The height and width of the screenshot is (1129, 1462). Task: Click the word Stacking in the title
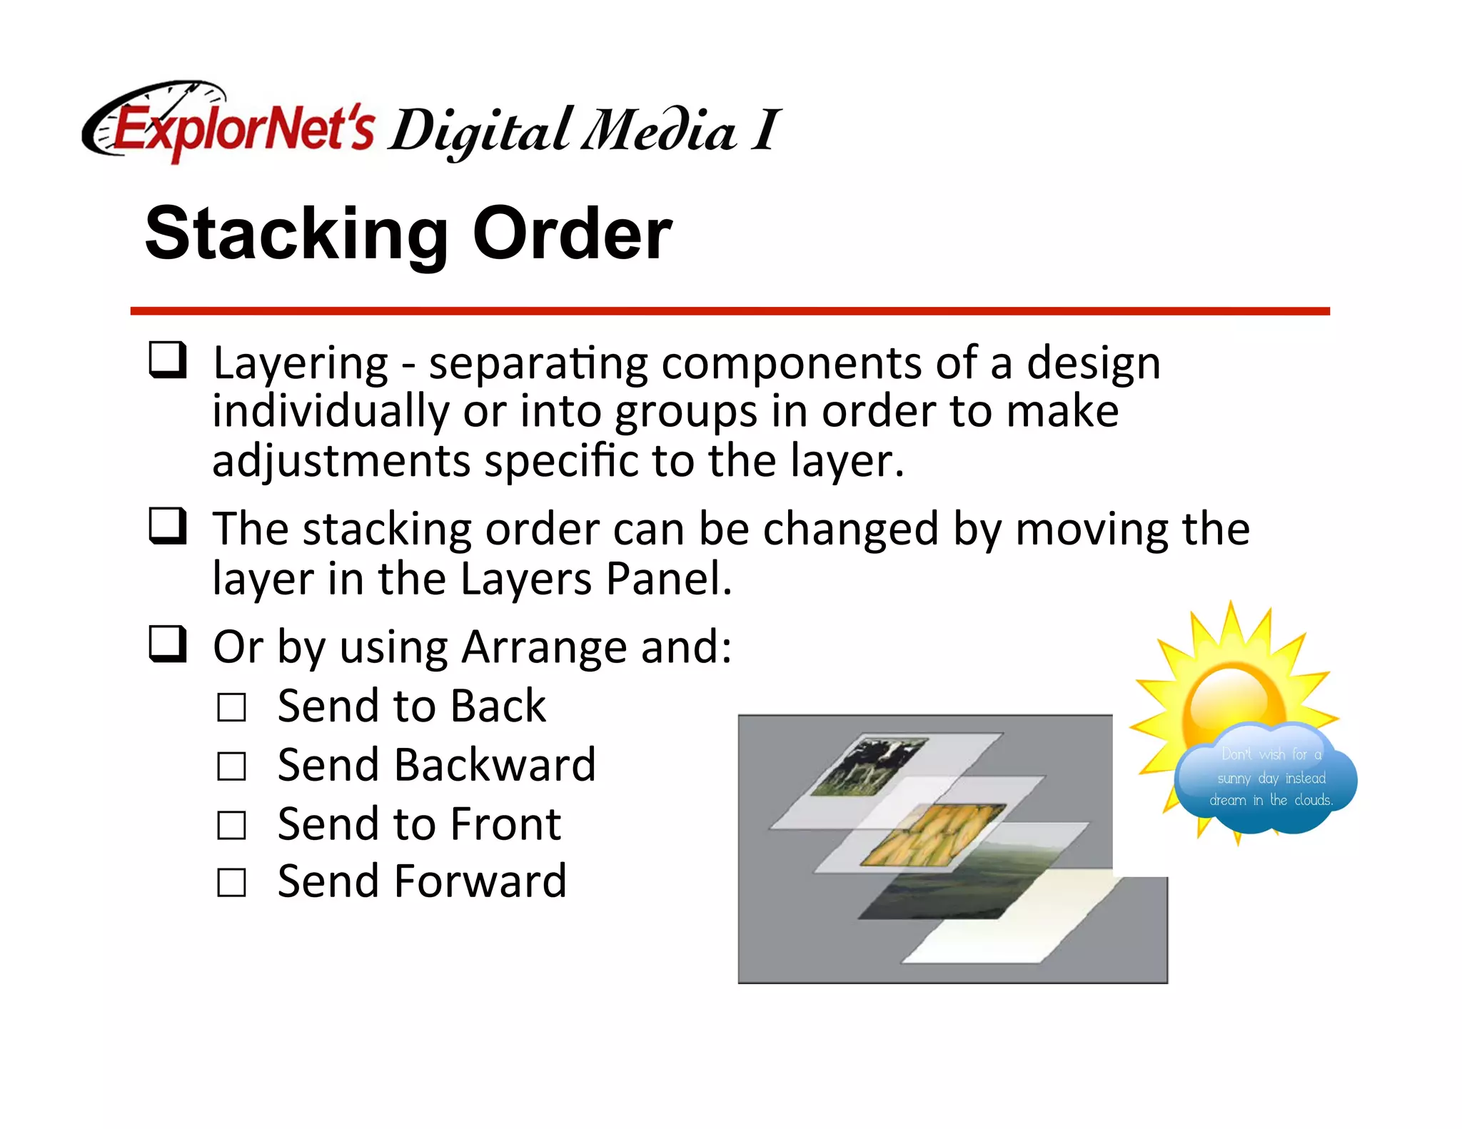(296, 234)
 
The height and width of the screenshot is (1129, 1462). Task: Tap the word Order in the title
(572, 234)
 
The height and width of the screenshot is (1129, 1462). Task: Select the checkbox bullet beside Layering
(168, 360)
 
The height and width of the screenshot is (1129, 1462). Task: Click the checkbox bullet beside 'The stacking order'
(168, 526)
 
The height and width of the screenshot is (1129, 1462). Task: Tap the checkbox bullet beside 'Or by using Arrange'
(168, 644)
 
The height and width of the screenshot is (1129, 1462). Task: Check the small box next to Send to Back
(232, 707)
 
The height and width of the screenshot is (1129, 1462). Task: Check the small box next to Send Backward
(232, 766)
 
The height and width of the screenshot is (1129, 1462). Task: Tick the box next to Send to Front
(232, 825)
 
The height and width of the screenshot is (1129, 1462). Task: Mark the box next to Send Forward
(232, 883)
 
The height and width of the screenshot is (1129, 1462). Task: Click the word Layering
(301, 364)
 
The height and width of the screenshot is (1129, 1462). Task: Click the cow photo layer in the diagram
(869, 766)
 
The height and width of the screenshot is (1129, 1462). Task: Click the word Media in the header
(657, 131)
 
